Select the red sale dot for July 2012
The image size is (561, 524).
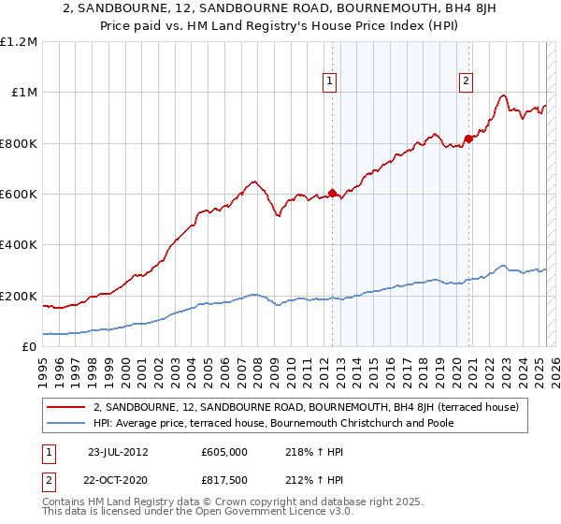(x=332, y=193)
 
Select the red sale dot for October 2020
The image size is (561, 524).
(x=468, y=138)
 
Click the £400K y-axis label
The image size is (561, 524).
(x=19, y=245)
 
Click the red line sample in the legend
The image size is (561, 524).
(x=67, y=406)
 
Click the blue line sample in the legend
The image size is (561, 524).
(x=67, y=423)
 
